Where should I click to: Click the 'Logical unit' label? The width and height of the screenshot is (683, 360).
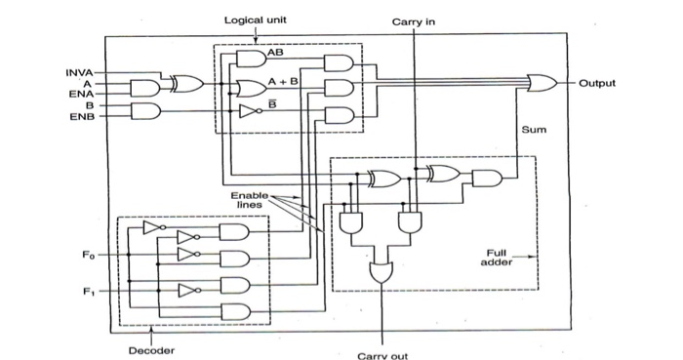click(256, 20)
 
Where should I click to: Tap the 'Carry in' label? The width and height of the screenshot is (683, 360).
click(415, 20)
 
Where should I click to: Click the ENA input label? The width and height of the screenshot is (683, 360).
click(81, 94)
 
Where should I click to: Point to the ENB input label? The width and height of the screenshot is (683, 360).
click(81, 116)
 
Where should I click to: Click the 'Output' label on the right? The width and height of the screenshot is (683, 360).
click(596, 84)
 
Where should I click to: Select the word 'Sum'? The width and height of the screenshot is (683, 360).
click(534, 128)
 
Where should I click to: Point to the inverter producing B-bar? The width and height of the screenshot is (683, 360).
click(248, 110)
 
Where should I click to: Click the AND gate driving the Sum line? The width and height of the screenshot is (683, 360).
click(486, 178)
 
